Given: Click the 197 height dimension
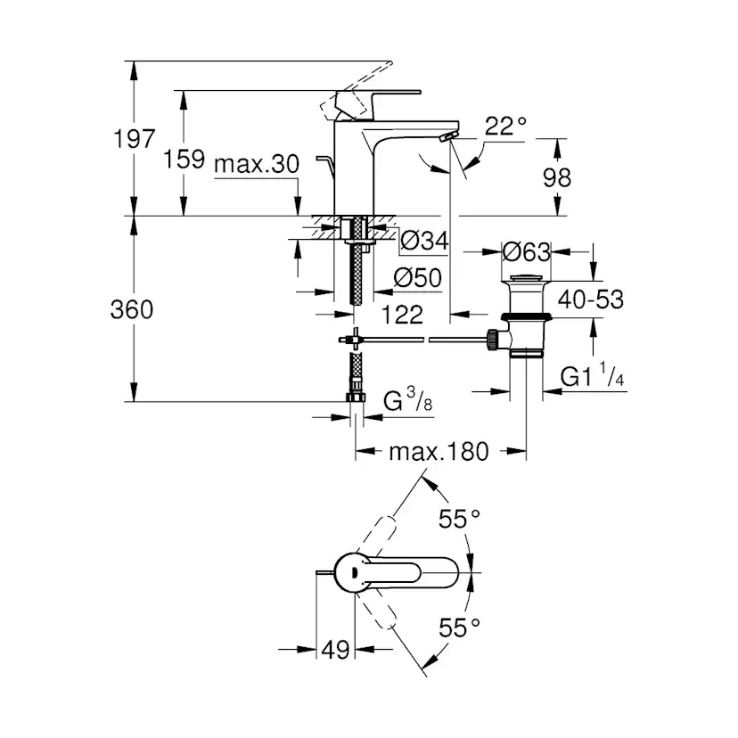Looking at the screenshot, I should click(x=134, y=140).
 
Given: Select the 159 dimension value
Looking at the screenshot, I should click(x=185, y=160).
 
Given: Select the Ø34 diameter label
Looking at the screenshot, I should click(x=422, y=240).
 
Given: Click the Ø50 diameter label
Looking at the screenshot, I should click(x=418, y=278).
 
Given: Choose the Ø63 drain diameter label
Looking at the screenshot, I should click(x=526, y=252).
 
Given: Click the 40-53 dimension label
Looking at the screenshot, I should click(x=592, y=299).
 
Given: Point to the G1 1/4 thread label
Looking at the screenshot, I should click(x=594, y=378).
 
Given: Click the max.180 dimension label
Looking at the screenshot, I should click(x=439, y=452).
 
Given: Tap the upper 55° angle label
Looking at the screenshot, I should click(x=459, y=520).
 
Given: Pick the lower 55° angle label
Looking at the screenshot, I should click(x=459, y=629).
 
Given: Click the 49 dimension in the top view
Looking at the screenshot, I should click(x=335, y=649).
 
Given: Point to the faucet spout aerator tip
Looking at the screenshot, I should click(x=447, y=135).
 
